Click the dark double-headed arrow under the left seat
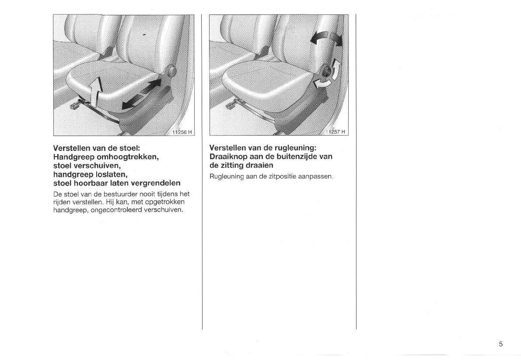click(141, 94)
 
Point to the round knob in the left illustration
click(171, 71)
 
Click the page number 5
click(500, 344)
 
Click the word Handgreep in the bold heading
click(72, 157)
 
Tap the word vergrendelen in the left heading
click(156, 183)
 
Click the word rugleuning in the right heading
click(294, 148)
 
